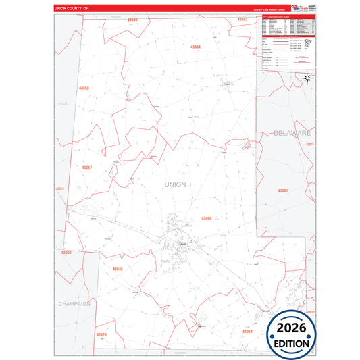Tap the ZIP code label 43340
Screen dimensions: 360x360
pyautogui.click(x=132, y=20)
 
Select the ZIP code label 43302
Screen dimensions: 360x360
pyautogui.click(x=242, y=20)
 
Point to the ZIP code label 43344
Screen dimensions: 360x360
pyautogui.click(x=196, y=47)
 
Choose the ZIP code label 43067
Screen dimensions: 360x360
pyautogui.click(x=86, y=167)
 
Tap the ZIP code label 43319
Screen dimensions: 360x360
pyautogui.click(x=60, y=188)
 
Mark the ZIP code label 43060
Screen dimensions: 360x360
pyautogui.click(x=66, y=252)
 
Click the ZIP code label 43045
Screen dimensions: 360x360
pyautogui.click(x=118, y=269)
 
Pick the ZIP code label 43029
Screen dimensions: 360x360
pyautogui.click(x=101, y=334)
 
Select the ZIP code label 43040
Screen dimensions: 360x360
pyautogui.click(x=207, y=218)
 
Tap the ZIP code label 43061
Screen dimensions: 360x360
pyautogui.click(x=282, y=190)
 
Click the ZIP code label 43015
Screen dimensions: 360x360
pyautogui.click(x=310, y=145)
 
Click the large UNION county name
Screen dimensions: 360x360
pyautogui.click(x=175, y=184)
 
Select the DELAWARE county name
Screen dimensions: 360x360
pyautogui.click(x=292, y=134)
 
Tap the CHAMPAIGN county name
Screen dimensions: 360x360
pyautogui.click(x=74, y=304)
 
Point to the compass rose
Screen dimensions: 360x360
pyautogui.click(x=307, y=78)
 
